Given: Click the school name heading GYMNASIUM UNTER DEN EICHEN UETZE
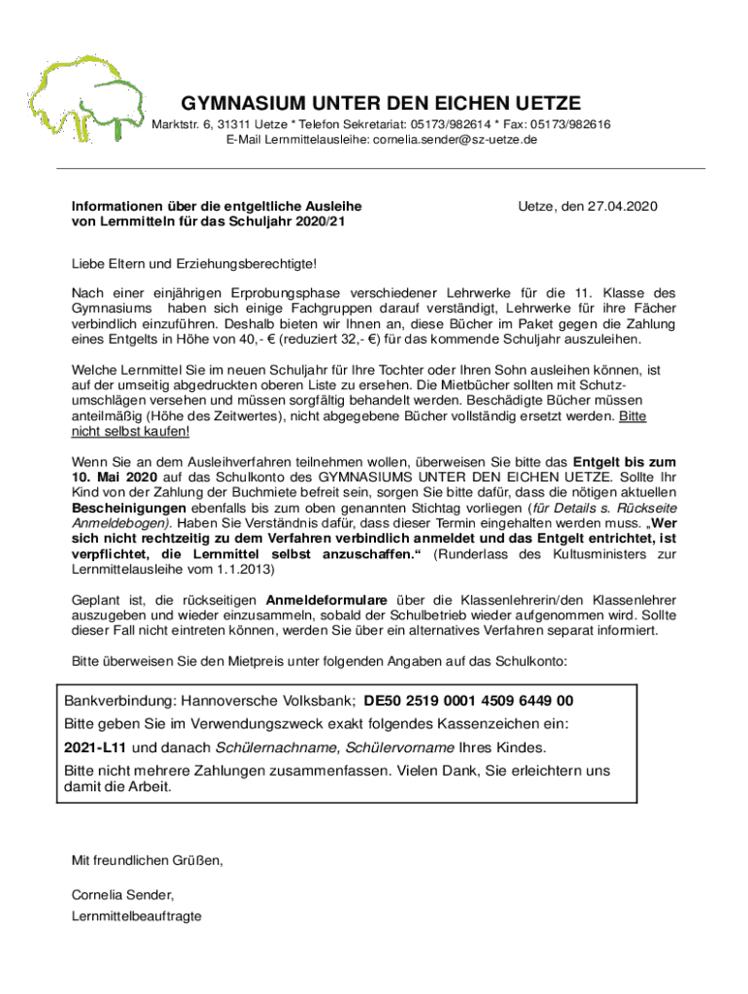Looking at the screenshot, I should point(381,104).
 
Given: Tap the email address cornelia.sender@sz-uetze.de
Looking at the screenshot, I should point(456,140).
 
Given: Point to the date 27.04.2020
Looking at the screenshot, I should point(622,207).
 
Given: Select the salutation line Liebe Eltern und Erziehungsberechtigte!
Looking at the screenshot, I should point(194,264).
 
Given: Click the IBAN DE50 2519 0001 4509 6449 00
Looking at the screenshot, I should point(468,701).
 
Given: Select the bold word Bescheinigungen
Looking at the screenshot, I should point(129,509).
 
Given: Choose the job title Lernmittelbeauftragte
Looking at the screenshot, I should point(137,915).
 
